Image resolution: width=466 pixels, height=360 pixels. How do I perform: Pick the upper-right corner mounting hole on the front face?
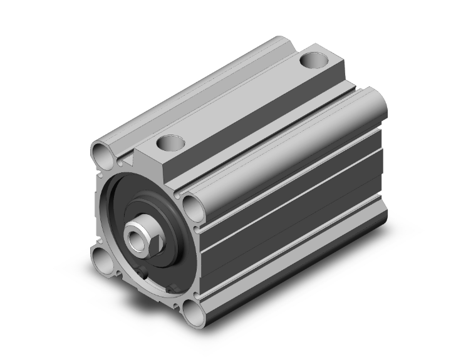pos(191,203)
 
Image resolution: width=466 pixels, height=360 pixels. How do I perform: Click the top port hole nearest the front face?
pos(169,143)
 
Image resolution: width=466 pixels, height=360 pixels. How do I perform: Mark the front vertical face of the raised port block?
pos(157,160)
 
